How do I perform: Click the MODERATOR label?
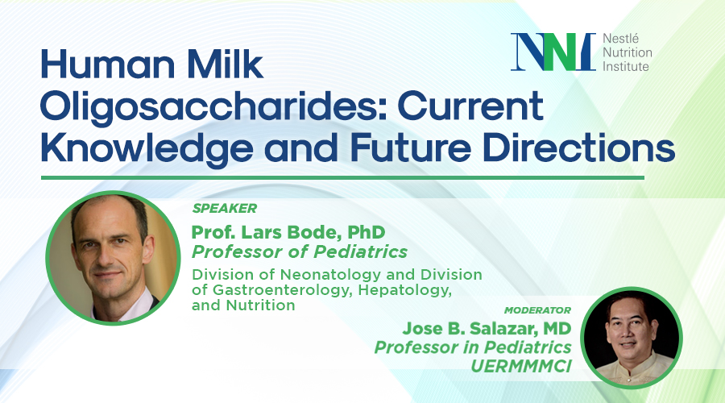[x=538, y=310]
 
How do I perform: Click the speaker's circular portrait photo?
[x=113, y=256]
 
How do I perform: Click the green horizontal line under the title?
[x=342, y=177]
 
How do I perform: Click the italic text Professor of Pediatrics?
[x=299, y=252]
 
